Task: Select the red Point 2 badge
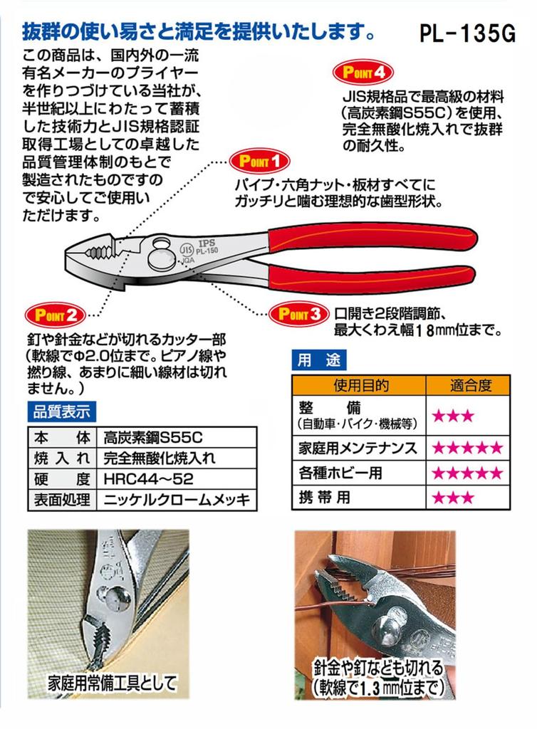[x=55, y=313]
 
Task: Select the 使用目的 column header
[x=360, y=387]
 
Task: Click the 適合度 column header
[x=470, y=387]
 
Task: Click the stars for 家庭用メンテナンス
[x=468, y=449]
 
